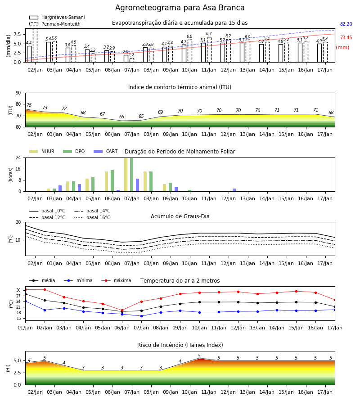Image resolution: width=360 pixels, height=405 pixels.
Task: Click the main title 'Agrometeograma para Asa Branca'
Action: pyautogui.click(x=180, y=8)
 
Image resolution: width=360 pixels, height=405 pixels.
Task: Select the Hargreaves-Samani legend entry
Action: pyautogui.click(x=57, y=17)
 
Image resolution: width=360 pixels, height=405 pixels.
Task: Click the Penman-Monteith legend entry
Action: pyautogui.click(x=55, y=24)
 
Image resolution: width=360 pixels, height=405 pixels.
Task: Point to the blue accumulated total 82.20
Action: pyautogui.click(x=346, y=24)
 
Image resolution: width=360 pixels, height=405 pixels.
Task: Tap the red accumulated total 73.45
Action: pyautogui.click(x=346, y=37)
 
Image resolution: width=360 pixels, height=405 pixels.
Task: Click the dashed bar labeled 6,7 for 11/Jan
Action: pyautogui.click(x=209, y=49)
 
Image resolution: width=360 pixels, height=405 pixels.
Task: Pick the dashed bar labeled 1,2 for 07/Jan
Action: pyautogui.click(x=132, y=60)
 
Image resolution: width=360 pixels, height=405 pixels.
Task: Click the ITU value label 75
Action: pyautogui.click(x=29, y=105)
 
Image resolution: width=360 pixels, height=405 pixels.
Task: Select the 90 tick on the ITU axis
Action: pyautogui.click(x=18, y=93)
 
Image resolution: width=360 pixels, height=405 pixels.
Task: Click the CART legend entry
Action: pyautogui.click(x=105, y=151)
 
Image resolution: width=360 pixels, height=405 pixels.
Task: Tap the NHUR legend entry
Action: pyautogui.click(x=42, y=151)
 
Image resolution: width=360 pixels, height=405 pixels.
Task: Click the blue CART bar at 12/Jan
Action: pyautogui.click(x=234, y=190)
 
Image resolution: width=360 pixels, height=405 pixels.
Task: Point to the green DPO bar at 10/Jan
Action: pyautogui.click(x=189, y=191)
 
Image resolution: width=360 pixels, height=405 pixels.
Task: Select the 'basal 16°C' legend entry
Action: pyautogui.click(x=92, y=217)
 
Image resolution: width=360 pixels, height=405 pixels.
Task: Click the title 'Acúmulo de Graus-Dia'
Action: pyautogui.click(x=180, y=216)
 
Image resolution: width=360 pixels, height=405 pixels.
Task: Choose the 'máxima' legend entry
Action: pyautogui.click(x=116, y=280)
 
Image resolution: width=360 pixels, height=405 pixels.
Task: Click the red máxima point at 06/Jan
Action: pyautogui.click(x=122, y=310)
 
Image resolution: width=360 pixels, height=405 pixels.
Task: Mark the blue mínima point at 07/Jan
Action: pyautogui.click(x=141, y=316)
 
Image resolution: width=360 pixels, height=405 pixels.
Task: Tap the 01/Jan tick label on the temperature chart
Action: pyautogui.click(x=25, y=328)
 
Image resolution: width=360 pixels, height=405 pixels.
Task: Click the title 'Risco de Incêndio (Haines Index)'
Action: pyautogui.click(x=180, y=345)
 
